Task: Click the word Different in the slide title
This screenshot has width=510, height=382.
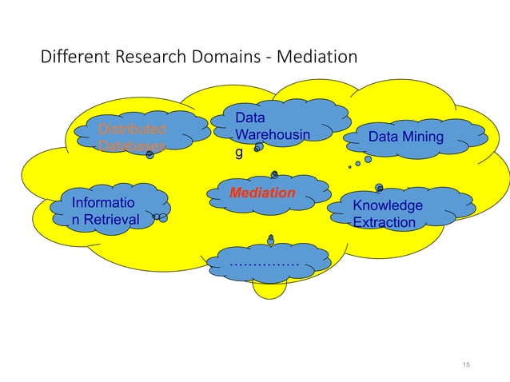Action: click(x=71, y=58)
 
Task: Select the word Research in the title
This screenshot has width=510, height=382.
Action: click(x=141, y=58)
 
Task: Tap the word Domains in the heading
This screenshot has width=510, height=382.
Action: click(x=210, y=58)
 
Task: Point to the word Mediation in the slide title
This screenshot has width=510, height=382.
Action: click(x=317, y=58)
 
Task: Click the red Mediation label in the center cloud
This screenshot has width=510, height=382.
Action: click(x=261, y=193)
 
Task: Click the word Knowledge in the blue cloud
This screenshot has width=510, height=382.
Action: click(x=388, y=205)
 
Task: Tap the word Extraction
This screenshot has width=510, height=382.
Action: click(x=384, y=222)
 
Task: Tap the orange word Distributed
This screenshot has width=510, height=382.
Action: click(x=132, y=129)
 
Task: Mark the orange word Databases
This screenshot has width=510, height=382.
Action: click(x=132, y=146)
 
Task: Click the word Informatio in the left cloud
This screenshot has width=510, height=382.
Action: click(x=103, y=202)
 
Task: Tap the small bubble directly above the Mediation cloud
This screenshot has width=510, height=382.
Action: click(x=274, y=173)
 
